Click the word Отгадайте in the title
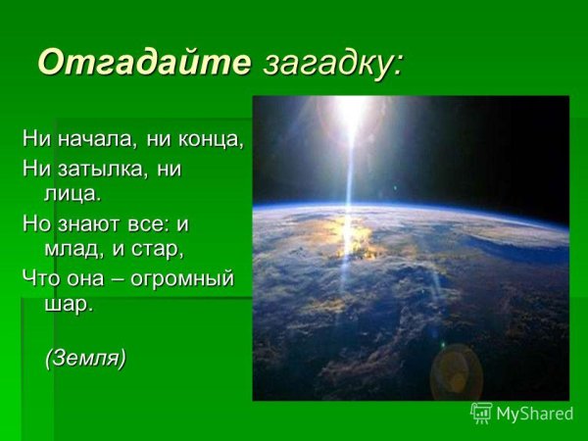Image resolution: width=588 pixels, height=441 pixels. pos(145,62)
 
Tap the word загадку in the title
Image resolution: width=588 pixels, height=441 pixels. pos(331,62)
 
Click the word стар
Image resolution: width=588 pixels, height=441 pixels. pos(162,250)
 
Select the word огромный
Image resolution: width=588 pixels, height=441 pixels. pos(184,278)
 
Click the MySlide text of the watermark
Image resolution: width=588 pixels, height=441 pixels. pos(534,414)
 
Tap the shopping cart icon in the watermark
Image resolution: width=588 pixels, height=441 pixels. pos(481,413)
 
